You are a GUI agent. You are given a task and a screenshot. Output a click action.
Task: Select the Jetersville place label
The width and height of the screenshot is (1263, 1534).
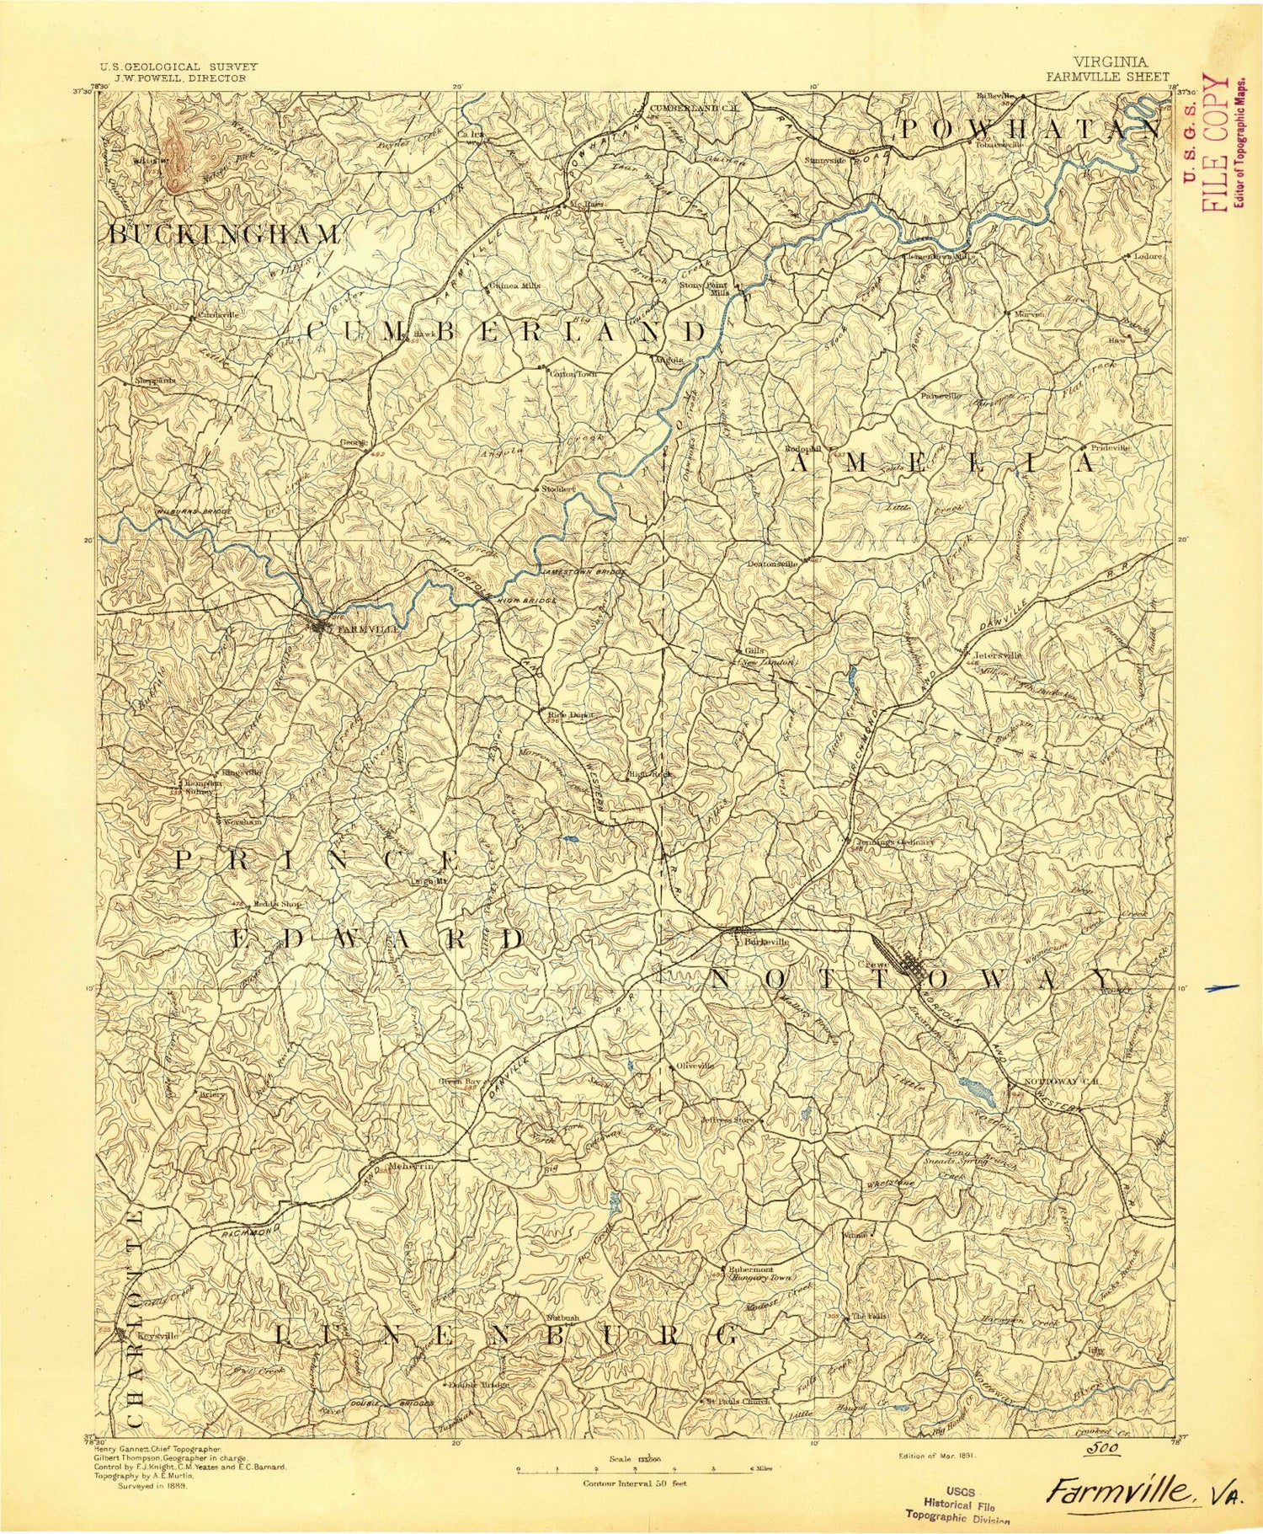coord(999,655)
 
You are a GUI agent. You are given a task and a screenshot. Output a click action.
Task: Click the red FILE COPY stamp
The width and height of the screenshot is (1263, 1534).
coord(1206,142)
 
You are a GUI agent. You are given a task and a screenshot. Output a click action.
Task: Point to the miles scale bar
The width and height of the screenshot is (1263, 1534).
coord(635,1469)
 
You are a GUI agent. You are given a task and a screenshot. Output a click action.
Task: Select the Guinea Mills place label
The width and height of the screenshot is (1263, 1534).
coord(515,285)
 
